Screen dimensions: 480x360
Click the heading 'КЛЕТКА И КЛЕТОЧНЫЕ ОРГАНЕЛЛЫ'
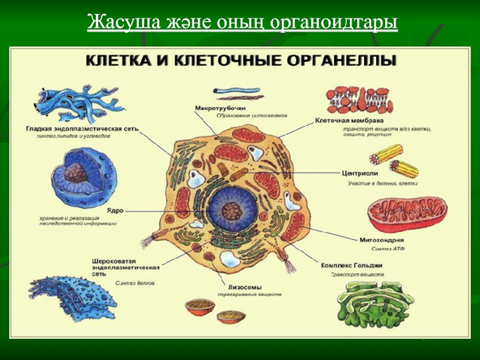(x=241, y=61)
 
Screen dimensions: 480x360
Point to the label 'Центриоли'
(x=359, y=173)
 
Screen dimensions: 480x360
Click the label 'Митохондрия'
(x=381, y=240)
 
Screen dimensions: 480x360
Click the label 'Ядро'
(x=115, y=211)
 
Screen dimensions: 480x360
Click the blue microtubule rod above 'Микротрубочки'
(x=238, y=92)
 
